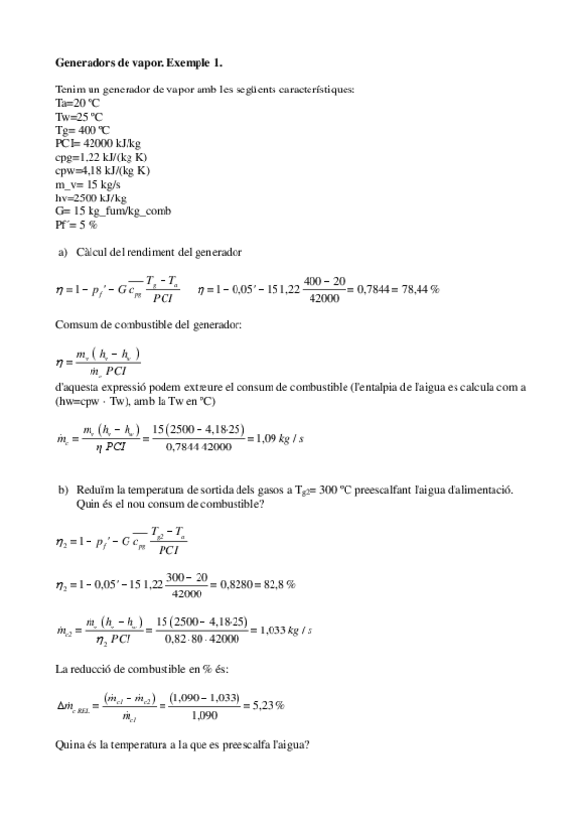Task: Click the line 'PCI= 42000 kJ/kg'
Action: click(98, 143)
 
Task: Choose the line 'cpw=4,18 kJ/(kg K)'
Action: click(103, 170)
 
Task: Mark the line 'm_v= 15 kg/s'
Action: click(89, 184)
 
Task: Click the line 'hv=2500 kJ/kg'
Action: click(91, 197)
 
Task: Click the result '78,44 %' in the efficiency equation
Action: click(420, 289)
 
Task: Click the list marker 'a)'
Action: click(63, 253)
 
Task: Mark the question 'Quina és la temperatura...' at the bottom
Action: click(184, 745)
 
